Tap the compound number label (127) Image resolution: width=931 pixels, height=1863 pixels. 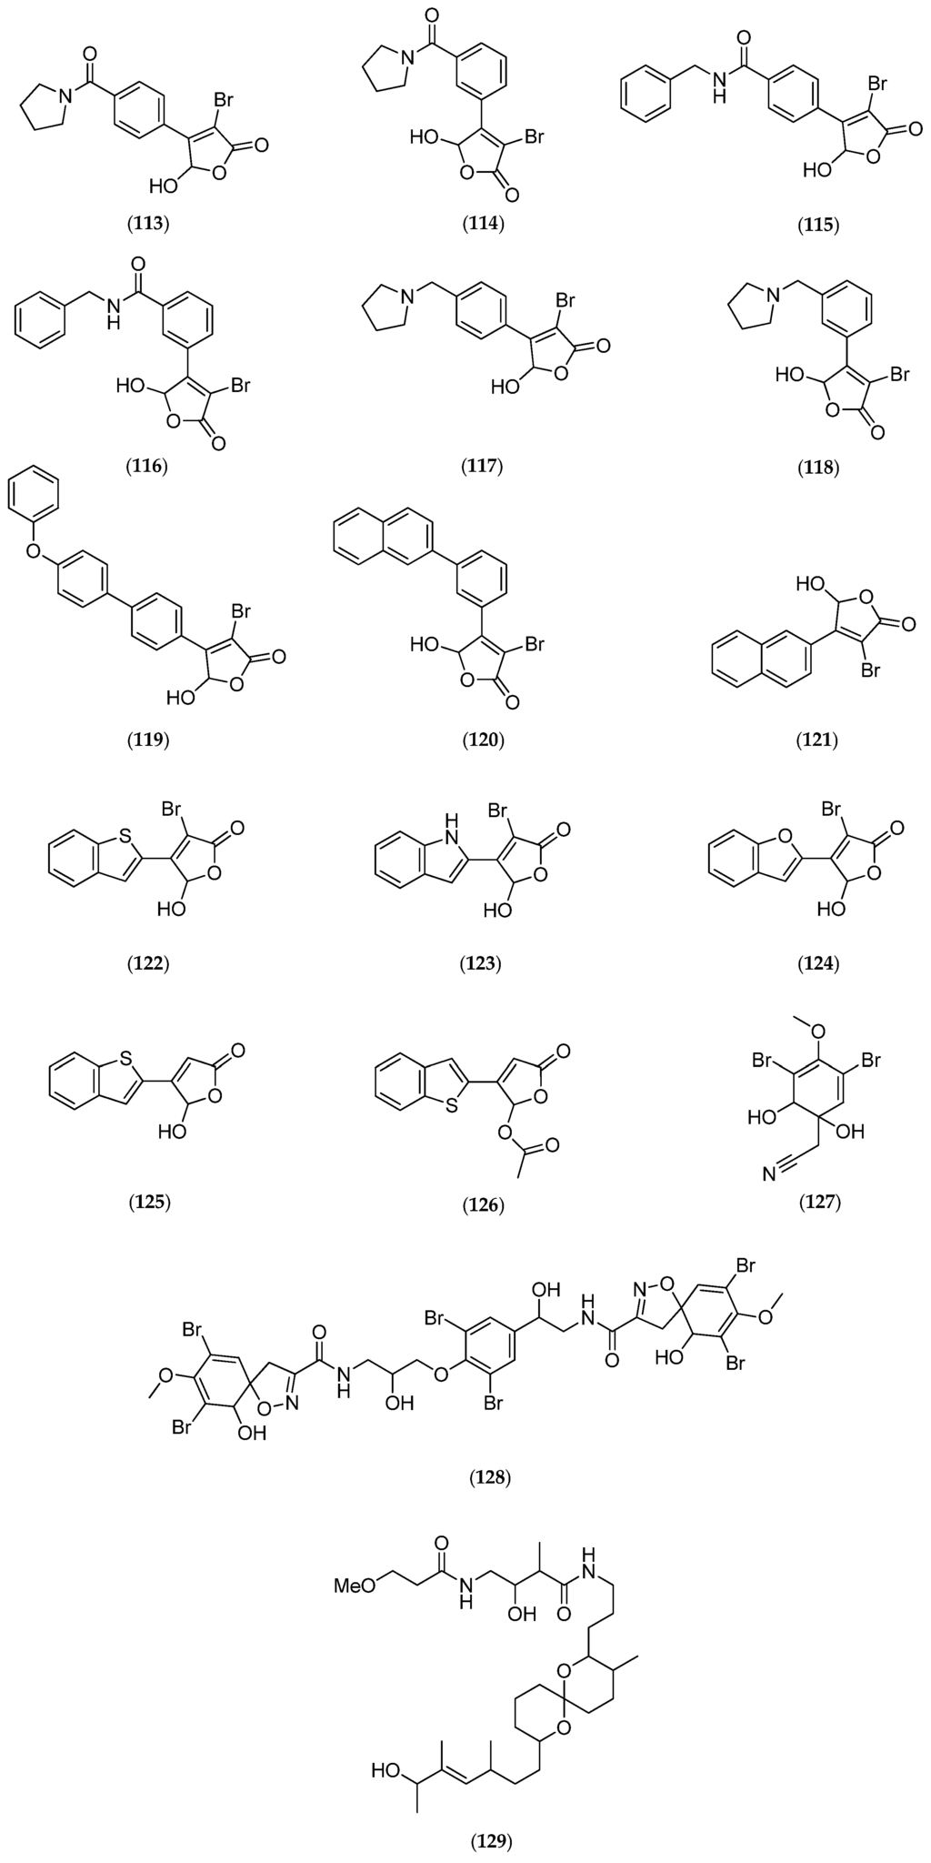point(819,1203)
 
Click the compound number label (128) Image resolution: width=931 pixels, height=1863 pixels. point(491,1475)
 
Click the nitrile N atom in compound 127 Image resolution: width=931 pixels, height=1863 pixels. point(768,1176)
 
